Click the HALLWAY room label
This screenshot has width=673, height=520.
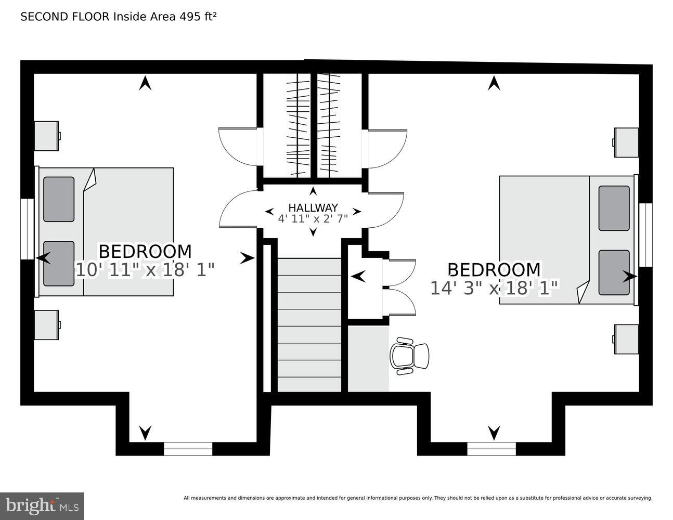click(x=313, y=207)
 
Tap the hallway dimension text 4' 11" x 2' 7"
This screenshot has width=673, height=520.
click(x=313, y=218)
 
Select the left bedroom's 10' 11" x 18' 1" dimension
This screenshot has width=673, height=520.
click(x=145, y=270)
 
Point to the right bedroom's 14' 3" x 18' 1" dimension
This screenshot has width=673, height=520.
click(x=494, y=288)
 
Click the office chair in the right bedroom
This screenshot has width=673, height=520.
click(x=409, y=356)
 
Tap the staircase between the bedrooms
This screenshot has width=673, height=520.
click(x=309, y=325)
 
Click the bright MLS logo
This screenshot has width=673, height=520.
click(x=42, y=506)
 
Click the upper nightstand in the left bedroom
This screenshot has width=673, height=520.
click(x=46, y=136)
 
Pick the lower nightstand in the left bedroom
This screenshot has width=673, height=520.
click(x=46, y=325)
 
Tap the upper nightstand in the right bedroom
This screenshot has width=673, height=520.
click(x=626, y=142)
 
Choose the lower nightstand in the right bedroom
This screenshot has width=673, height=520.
click(x=626, y=339)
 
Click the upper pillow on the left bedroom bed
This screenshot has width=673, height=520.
click(x=59, y=199)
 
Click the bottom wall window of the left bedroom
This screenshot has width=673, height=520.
click(x=188, y=449)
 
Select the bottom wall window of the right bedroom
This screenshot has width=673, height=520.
click(x=491, y=449)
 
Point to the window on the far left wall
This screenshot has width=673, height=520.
click(x=27, y=229)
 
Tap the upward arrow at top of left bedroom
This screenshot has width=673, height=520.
click(x=145, y=83)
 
